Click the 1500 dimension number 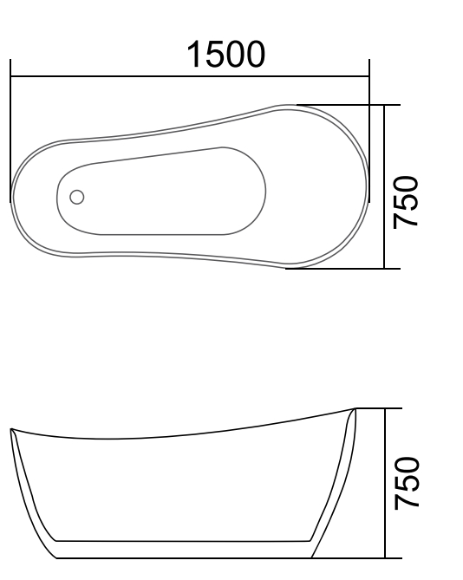tap(225, 55)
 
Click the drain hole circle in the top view tap(77, 197)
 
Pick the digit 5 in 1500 tap(215, 55)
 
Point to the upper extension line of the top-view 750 tap(347, 105)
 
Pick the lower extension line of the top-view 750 tap(347, 268)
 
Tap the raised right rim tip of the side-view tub tap(354, 409)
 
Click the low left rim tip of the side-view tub tap(11, 431)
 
